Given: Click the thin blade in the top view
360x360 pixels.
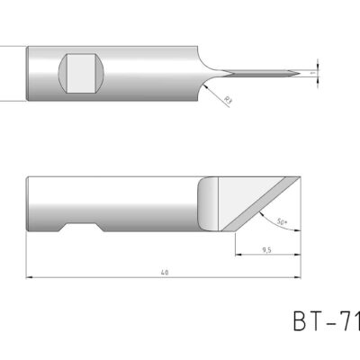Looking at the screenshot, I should point(261,73).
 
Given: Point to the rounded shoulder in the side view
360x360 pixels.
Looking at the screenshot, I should point(209,203).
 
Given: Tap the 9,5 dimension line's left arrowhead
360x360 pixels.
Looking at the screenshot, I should point(236,255).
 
